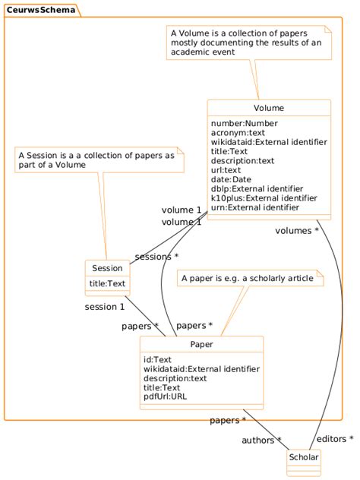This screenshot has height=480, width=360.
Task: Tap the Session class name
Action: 107,268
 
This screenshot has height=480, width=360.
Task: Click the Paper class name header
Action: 201,344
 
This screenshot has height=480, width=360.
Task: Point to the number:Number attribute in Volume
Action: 244,123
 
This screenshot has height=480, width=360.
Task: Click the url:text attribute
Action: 229,170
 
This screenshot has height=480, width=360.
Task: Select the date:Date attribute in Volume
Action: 232,179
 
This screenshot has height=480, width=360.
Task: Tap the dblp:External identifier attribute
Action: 257,188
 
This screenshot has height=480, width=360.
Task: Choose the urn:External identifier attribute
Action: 254,207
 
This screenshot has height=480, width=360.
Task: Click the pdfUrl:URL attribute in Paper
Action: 165,396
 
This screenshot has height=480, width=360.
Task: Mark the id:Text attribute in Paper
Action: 157,359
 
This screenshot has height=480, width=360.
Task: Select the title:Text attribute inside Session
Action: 107,283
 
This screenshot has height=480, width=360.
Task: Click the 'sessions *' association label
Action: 156,257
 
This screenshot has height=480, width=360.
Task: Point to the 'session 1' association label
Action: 104,307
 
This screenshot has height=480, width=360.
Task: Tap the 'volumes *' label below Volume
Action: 295,231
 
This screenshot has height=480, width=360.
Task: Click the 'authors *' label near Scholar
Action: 261,440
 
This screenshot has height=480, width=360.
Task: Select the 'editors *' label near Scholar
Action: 335,439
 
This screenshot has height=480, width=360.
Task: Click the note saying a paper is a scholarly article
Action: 247,279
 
